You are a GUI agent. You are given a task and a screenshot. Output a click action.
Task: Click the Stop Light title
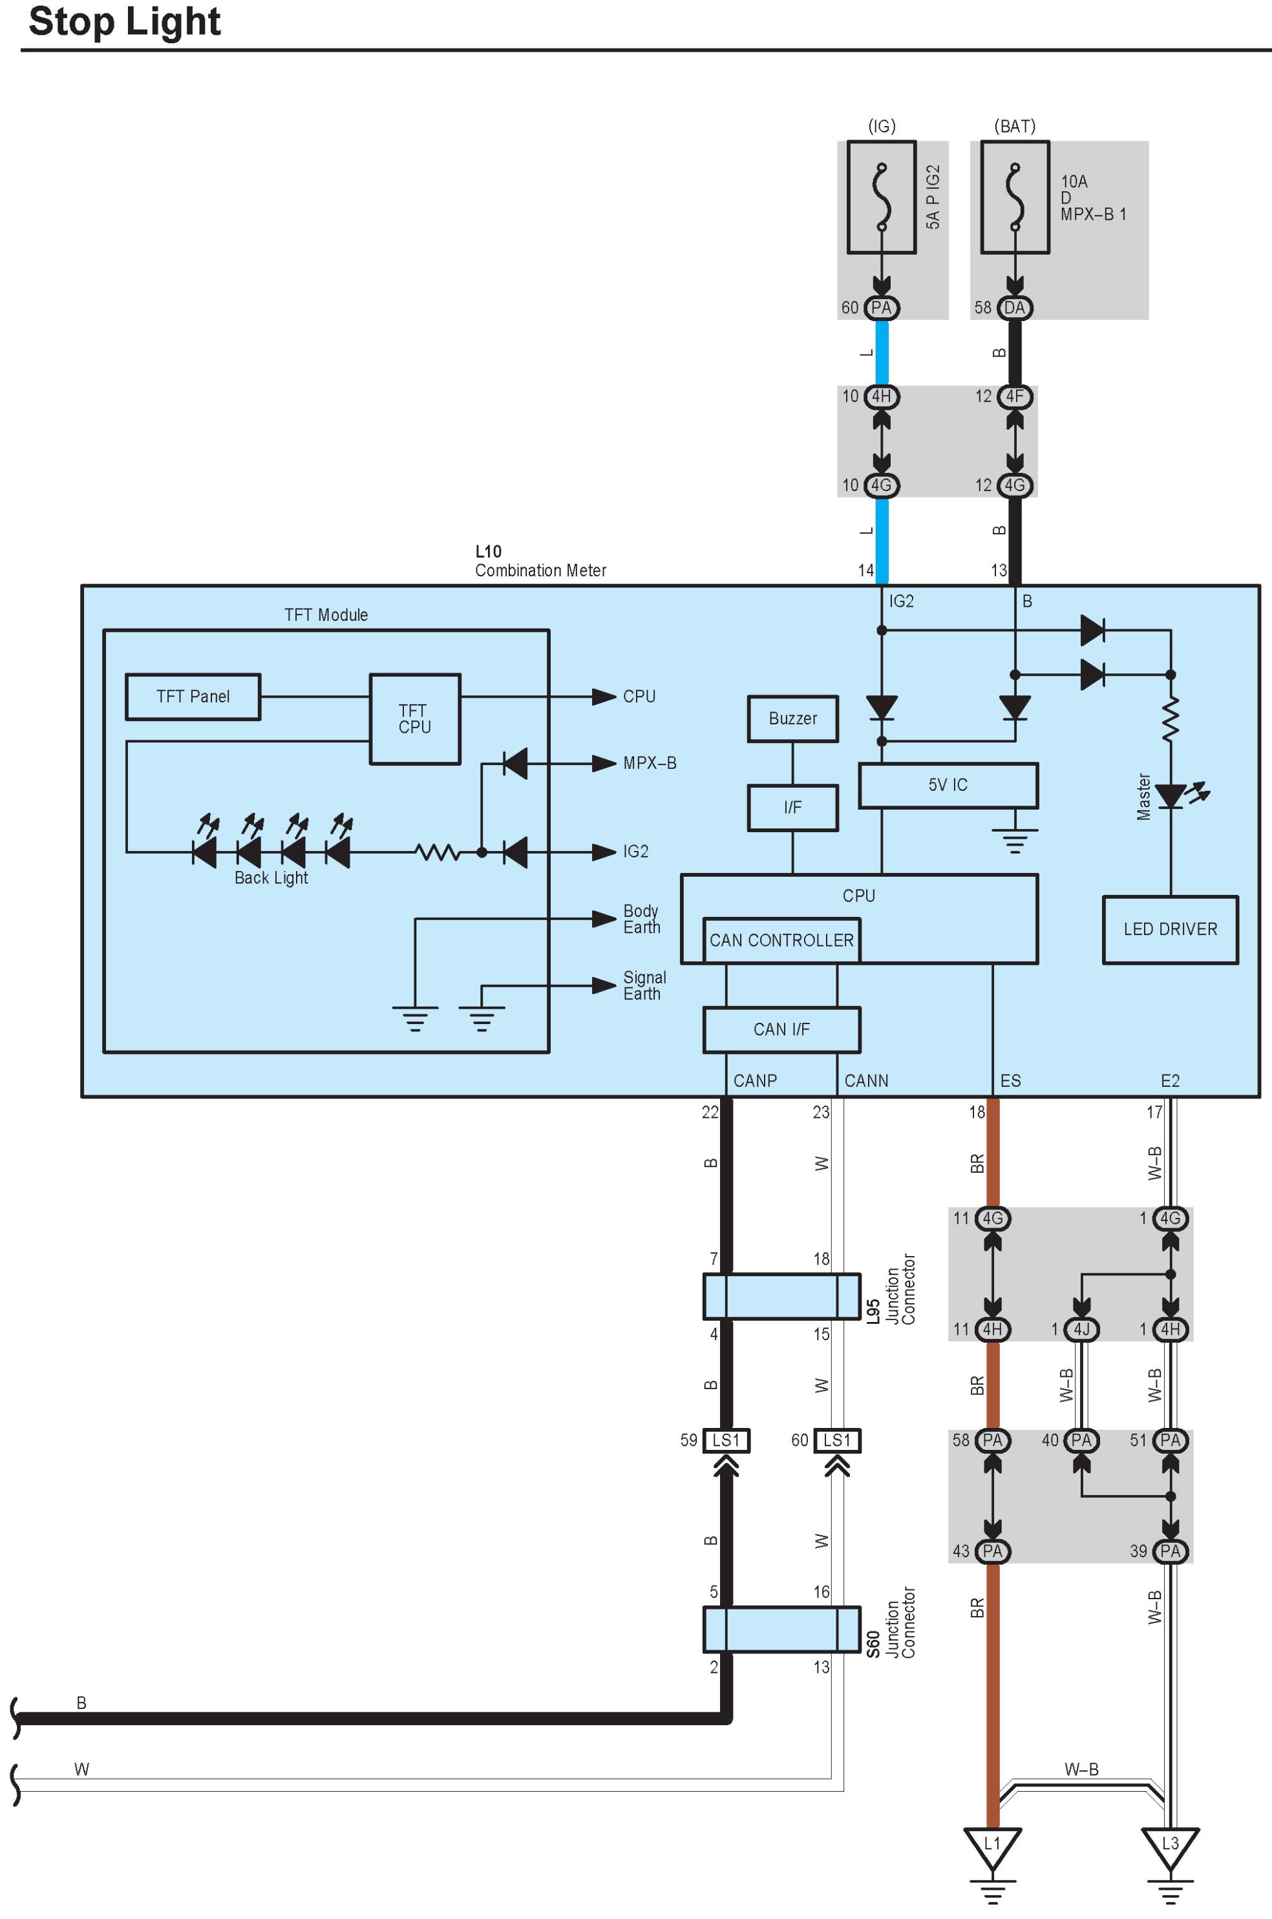click(x=124, y=22)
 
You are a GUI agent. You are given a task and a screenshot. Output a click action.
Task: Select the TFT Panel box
click(x=193, y=697)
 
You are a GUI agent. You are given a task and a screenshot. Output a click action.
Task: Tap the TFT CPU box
click(x=414, y=719)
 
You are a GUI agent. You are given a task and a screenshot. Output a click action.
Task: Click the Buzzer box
click(x=792, y=718)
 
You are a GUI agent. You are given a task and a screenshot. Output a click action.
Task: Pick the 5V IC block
click(x=948, y=785)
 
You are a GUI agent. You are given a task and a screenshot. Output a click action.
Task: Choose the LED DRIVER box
click(x=1170, y=929)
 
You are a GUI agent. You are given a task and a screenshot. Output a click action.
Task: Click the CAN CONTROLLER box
click(x=781, y=941)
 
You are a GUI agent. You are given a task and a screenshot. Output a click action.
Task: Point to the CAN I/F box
click(x=781, y=1030)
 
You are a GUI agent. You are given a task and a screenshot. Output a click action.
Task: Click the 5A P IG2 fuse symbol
click(x=882, y=198)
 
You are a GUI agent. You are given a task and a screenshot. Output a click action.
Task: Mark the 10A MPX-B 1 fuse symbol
click(x=1015, y=198)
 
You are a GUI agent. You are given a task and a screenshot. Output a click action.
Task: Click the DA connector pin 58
click(x=1015, y=308)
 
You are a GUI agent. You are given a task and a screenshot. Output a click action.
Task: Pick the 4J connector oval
click(x=1081, y=1330)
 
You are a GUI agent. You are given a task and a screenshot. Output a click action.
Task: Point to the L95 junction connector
click(x=781, y=1296)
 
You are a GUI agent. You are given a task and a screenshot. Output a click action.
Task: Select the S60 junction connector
click(x=781, y=1630)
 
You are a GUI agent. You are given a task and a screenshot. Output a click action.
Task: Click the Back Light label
click(x=271, y=878)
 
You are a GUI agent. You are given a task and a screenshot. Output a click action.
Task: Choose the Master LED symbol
click(x=1171, y=796)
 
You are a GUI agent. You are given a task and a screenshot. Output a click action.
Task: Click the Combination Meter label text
click(x=540, y=571)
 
